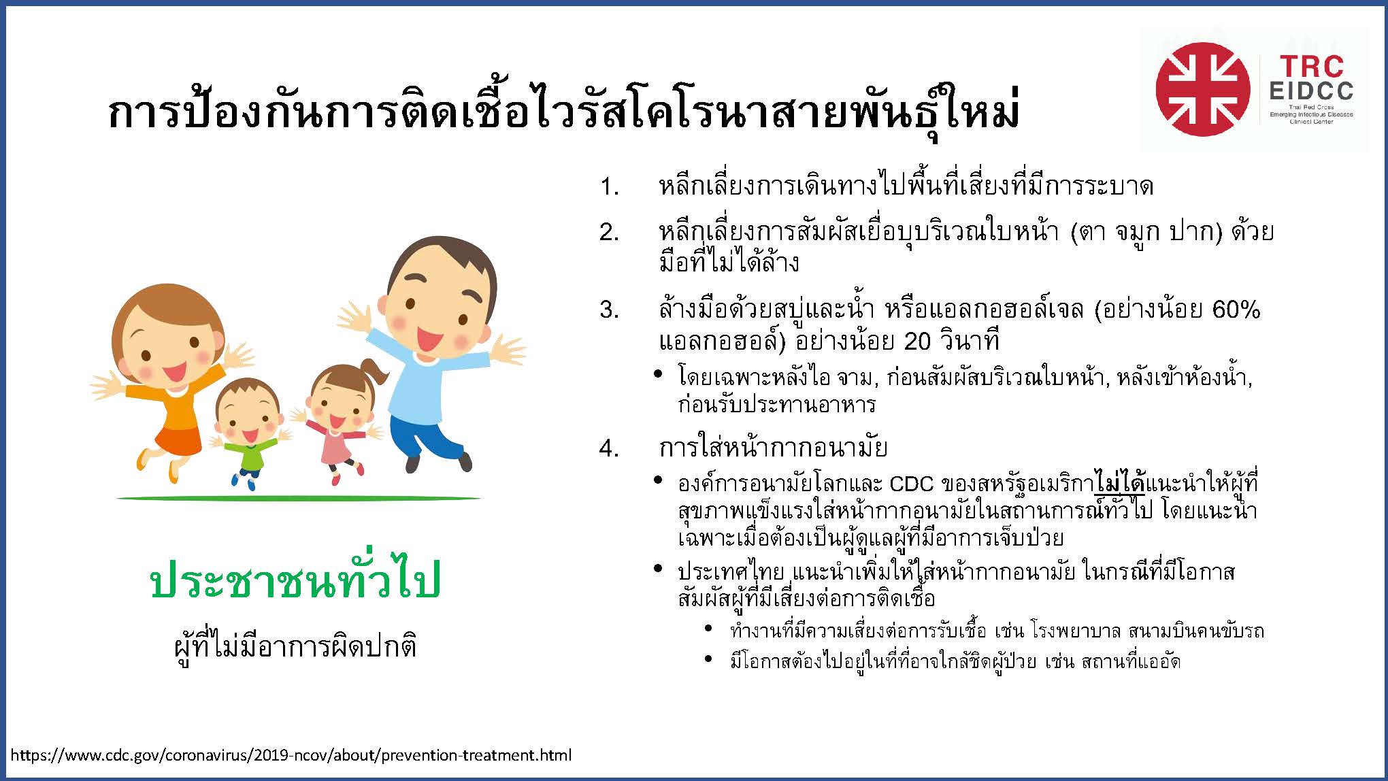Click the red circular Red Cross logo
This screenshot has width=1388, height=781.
pos(1202,89)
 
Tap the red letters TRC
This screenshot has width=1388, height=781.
pos(1312,67)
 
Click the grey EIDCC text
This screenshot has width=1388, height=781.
pos(1311,91)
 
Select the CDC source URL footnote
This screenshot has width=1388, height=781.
pos(291,755)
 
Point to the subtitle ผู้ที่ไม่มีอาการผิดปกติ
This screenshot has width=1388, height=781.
pos(295,646)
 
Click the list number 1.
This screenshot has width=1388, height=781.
pos(608,186)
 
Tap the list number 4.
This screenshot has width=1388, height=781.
pos(608,448)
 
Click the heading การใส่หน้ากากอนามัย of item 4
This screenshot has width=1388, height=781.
pos(773,447)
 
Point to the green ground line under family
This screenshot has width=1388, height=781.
pos(299,498)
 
